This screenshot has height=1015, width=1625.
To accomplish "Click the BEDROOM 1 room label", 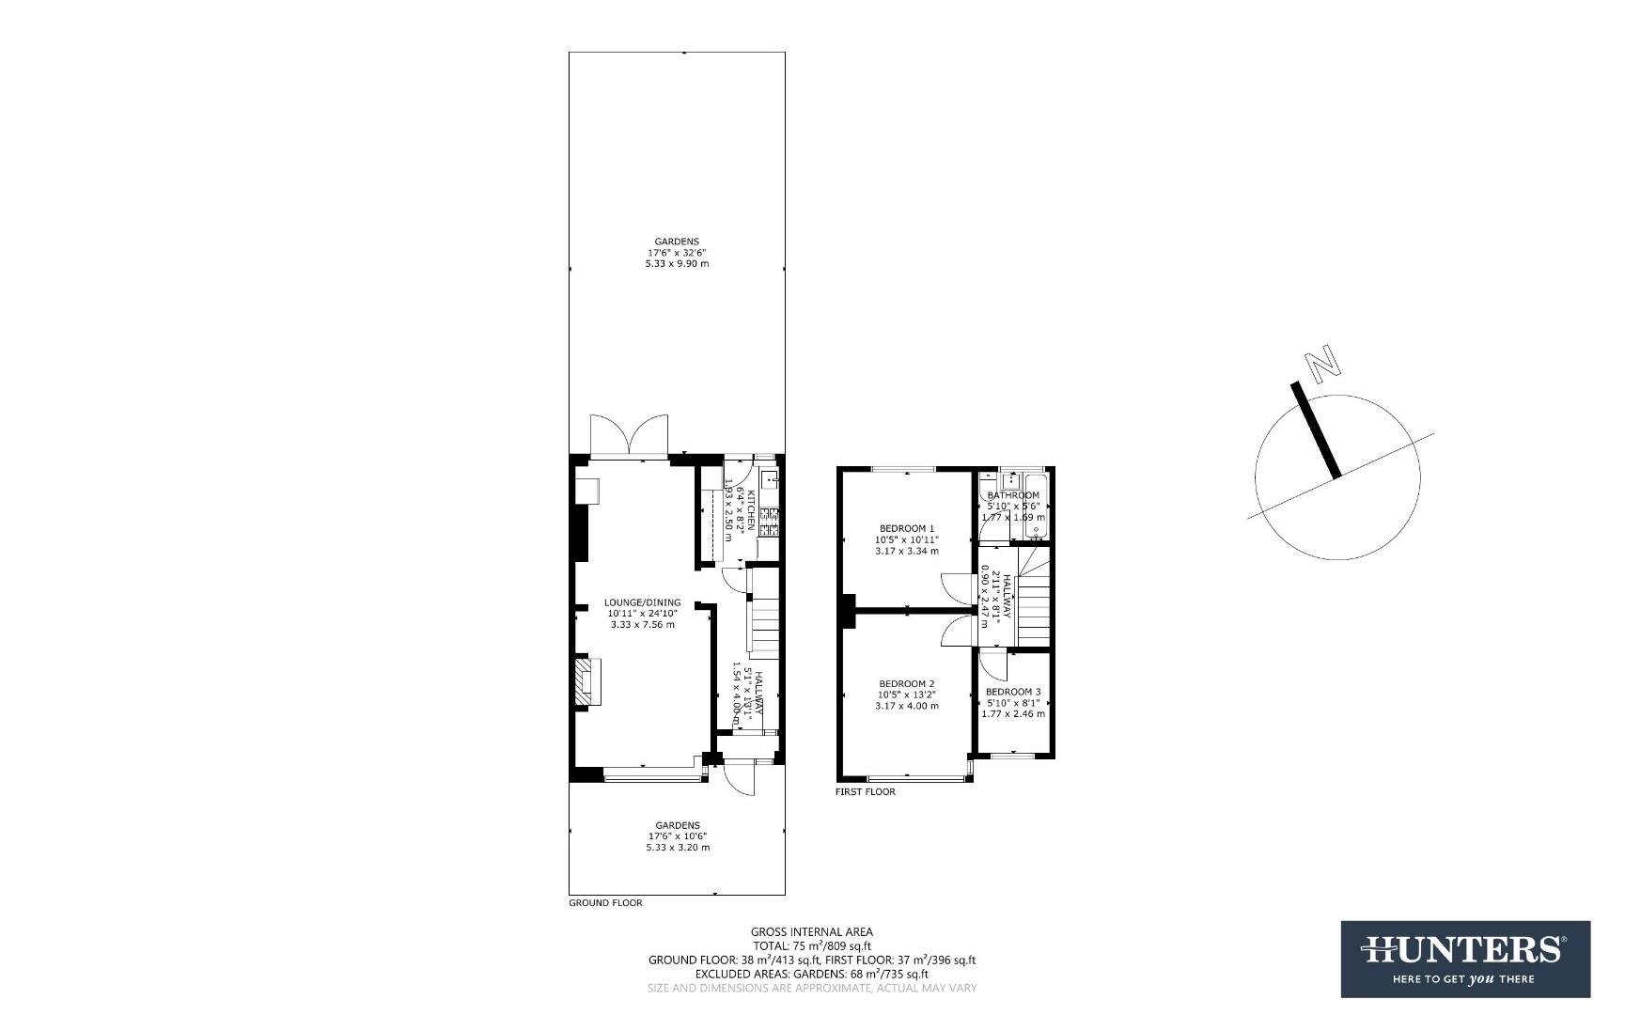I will tap(906, 528).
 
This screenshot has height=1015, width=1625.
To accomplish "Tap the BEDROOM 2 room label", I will tap(906, 683).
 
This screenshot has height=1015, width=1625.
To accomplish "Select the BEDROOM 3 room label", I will tap(1012, 691).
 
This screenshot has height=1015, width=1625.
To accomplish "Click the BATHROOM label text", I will tap(1013, 495).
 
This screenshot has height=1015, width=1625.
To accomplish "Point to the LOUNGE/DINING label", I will tap(642, 602).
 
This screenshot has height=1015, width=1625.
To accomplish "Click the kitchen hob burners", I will tap(771, 522).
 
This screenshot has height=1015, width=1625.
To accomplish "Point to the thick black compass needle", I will tap(1316, 429).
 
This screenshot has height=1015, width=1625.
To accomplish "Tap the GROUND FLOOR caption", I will tap(605, 903).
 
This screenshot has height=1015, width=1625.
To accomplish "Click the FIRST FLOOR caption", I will tap(865, 792).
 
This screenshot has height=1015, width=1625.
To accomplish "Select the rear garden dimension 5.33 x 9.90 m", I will tap(677, 264).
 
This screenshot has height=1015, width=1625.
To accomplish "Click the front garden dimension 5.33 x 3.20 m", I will tap(677, 848).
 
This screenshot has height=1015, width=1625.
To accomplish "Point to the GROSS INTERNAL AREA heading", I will tap(811, 932).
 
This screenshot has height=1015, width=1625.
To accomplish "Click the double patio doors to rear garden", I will tap(628, 438).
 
